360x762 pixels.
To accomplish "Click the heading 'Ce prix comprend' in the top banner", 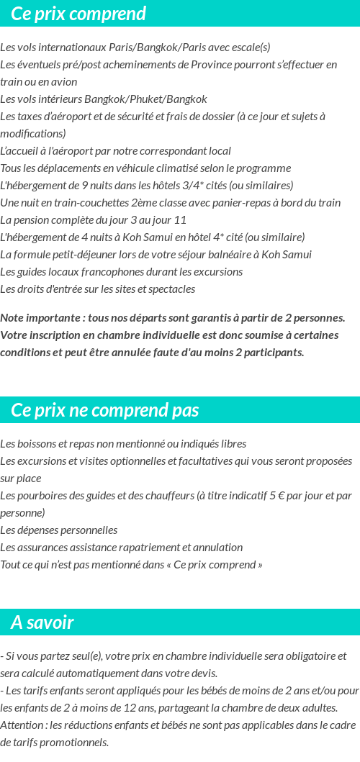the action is click(x=78, y=14).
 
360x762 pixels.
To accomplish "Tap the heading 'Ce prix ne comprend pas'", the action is click(x=105, y=410).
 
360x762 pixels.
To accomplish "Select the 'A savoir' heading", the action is click(x=42, y=622).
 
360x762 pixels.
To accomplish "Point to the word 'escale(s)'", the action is click(x=247, y=47).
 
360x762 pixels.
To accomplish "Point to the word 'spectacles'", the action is click(x=171, y=289).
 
